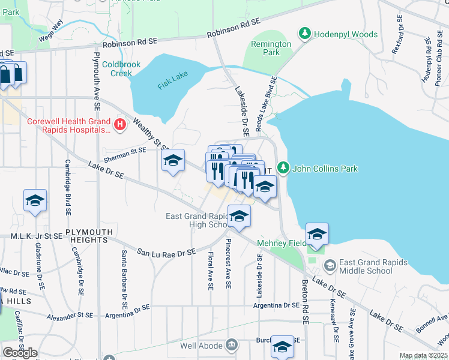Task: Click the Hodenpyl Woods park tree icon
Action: pyautogui.click(x=304, y=34)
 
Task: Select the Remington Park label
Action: pyautogui.click(x=271, y=48)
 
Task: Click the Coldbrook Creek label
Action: pyautogui.click(x=116, y=68)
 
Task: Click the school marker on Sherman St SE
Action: pyautogui.click(x=173, y=161)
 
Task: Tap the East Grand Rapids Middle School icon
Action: pyautogui.click(x=330, y=265)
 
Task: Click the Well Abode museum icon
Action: pyautogui.click(x=232, y=346)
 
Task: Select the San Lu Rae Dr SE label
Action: pyautogui.click(x=166, y=253)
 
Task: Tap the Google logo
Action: pyautogui.click(x=20, y=352)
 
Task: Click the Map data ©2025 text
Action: pyautogui.click(x=424, y=355)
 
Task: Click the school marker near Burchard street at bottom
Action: pyautogui.click(x=282, y=347)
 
